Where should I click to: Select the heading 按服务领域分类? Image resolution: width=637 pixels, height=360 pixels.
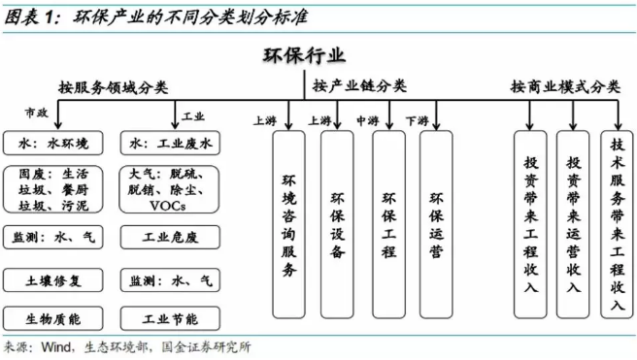coord(114,87)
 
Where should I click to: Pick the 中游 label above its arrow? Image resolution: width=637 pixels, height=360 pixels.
coord(366,121)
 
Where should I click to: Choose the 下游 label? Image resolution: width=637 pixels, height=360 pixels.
coord(417,121)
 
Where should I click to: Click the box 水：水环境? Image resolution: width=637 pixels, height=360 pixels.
coord(52,144)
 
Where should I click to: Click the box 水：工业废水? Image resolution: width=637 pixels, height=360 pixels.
coord(171,144)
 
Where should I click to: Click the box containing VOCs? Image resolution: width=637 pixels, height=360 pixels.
coord(171,190)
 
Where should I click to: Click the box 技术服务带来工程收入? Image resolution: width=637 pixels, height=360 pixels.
coord(614,223)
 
